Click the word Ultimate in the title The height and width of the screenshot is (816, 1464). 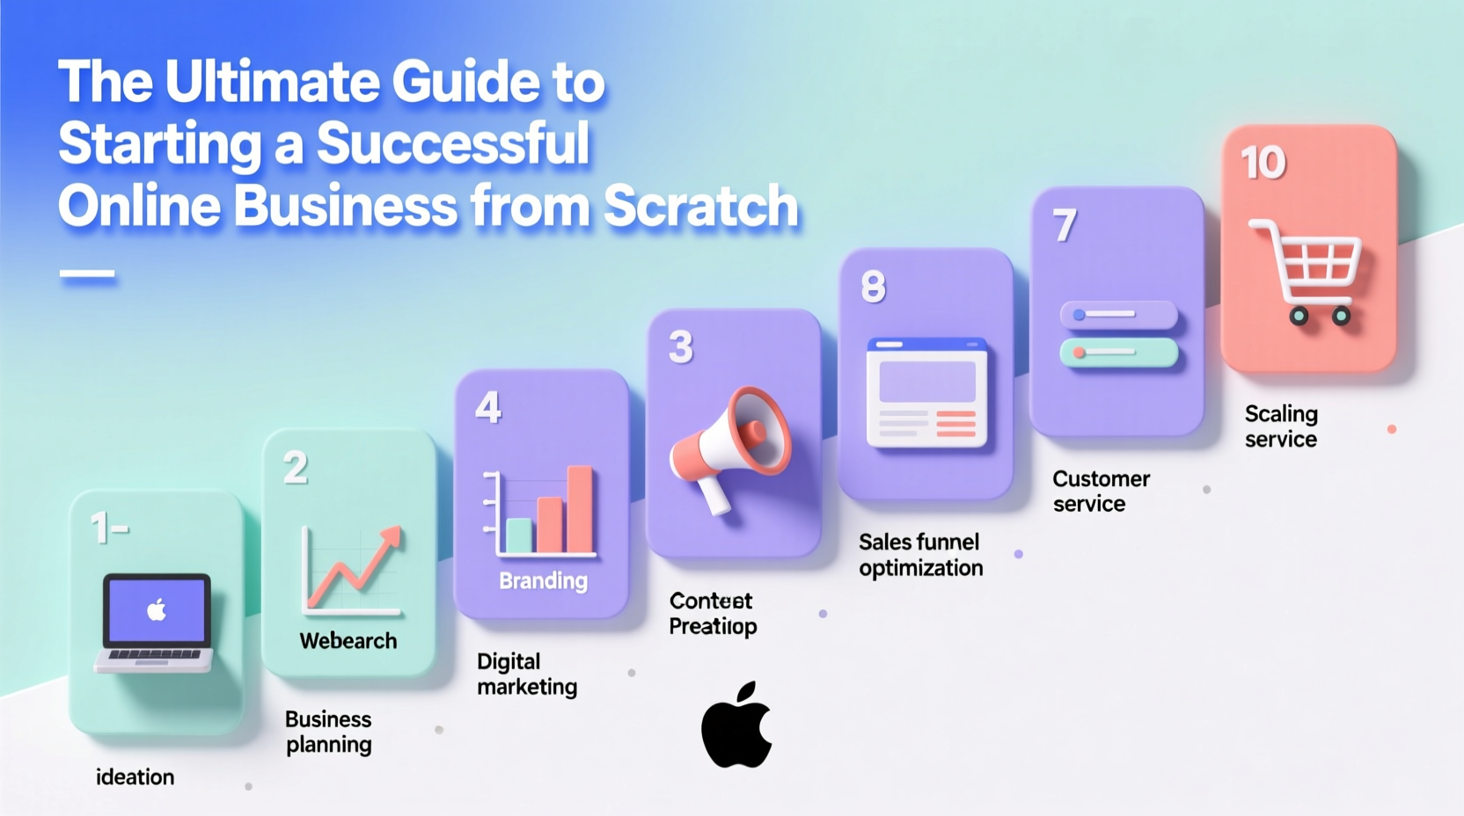pos(273,82)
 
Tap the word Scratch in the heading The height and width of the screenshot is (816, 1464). pos(700,206)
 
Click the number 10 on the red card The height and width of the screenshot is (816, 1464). pos(1263,163)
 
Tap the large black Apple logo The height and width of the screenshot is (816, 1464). pos(736,725)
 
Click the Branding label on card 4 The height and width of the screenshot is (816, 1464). pos(543,580)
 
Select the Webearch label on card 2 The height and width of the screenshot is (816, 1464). pos(348,641)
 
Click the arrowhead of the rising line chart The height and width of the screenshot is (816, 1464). pos(391,536)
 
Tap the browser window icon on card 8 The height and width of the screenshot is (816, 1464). pos(926,392)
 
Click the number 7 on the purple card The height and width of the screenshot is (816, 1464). pos(1065,225)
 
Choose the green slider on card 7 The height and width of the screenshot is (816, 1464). pos(1118,353)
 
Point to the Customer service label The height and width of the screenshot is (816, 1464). pos(1100,491)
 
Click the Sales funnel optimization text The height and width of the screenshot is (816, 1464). pos(920,555)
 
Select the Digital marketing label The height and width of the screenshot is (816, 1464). pos(526,674)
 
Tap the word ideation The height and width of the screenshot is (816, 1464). pos(135,777)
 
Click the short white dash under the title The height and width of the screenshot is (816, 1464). pos(87,274)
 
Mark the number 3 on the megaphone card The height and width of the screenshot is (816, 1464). pos(681,347)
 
